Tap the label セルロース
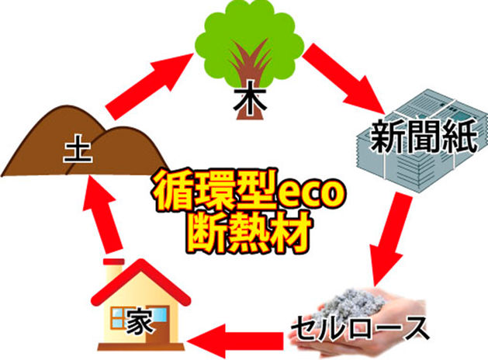[x=362, y=326]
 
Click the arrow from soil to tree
[x=147, y=84]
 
